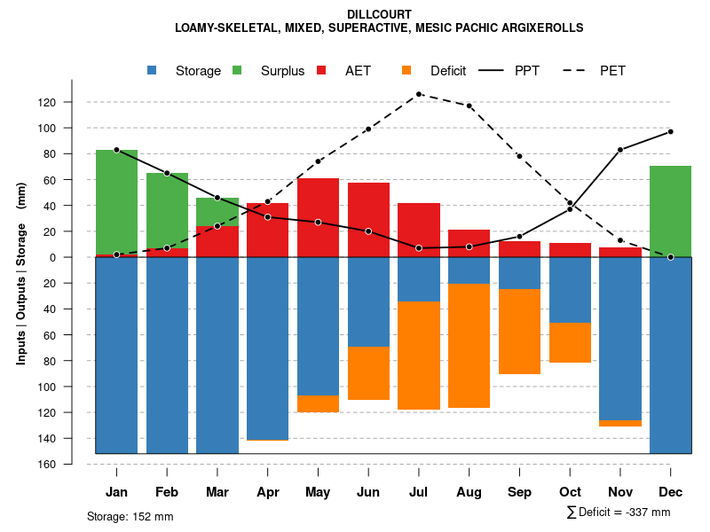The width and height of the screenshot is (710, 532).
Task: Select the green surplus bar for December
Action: coord(670,211)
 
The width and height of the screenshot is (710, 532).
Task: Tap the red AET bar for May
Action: coord(318,217)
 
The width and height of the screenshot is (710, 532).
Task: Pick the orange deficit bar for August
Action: coord(469,346)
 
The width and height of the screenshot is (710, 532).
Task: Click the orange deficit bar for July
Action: coord(419,356)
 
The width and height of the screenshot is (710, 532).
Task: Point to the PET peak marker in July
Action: coord(419,94)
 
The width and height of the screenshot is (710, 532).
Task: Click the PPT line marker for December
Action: coord(670,131)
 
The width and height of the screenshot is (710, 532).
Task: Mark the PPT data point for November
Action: coord(620,150)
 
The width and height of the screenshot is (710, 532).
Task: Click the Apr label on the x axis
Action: coord(267,492)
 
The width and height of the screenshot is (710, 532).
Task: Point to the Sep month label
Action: coord(519,492)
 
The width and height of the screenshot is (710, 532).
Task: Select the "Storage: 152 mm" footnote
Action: coord(130,516)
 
